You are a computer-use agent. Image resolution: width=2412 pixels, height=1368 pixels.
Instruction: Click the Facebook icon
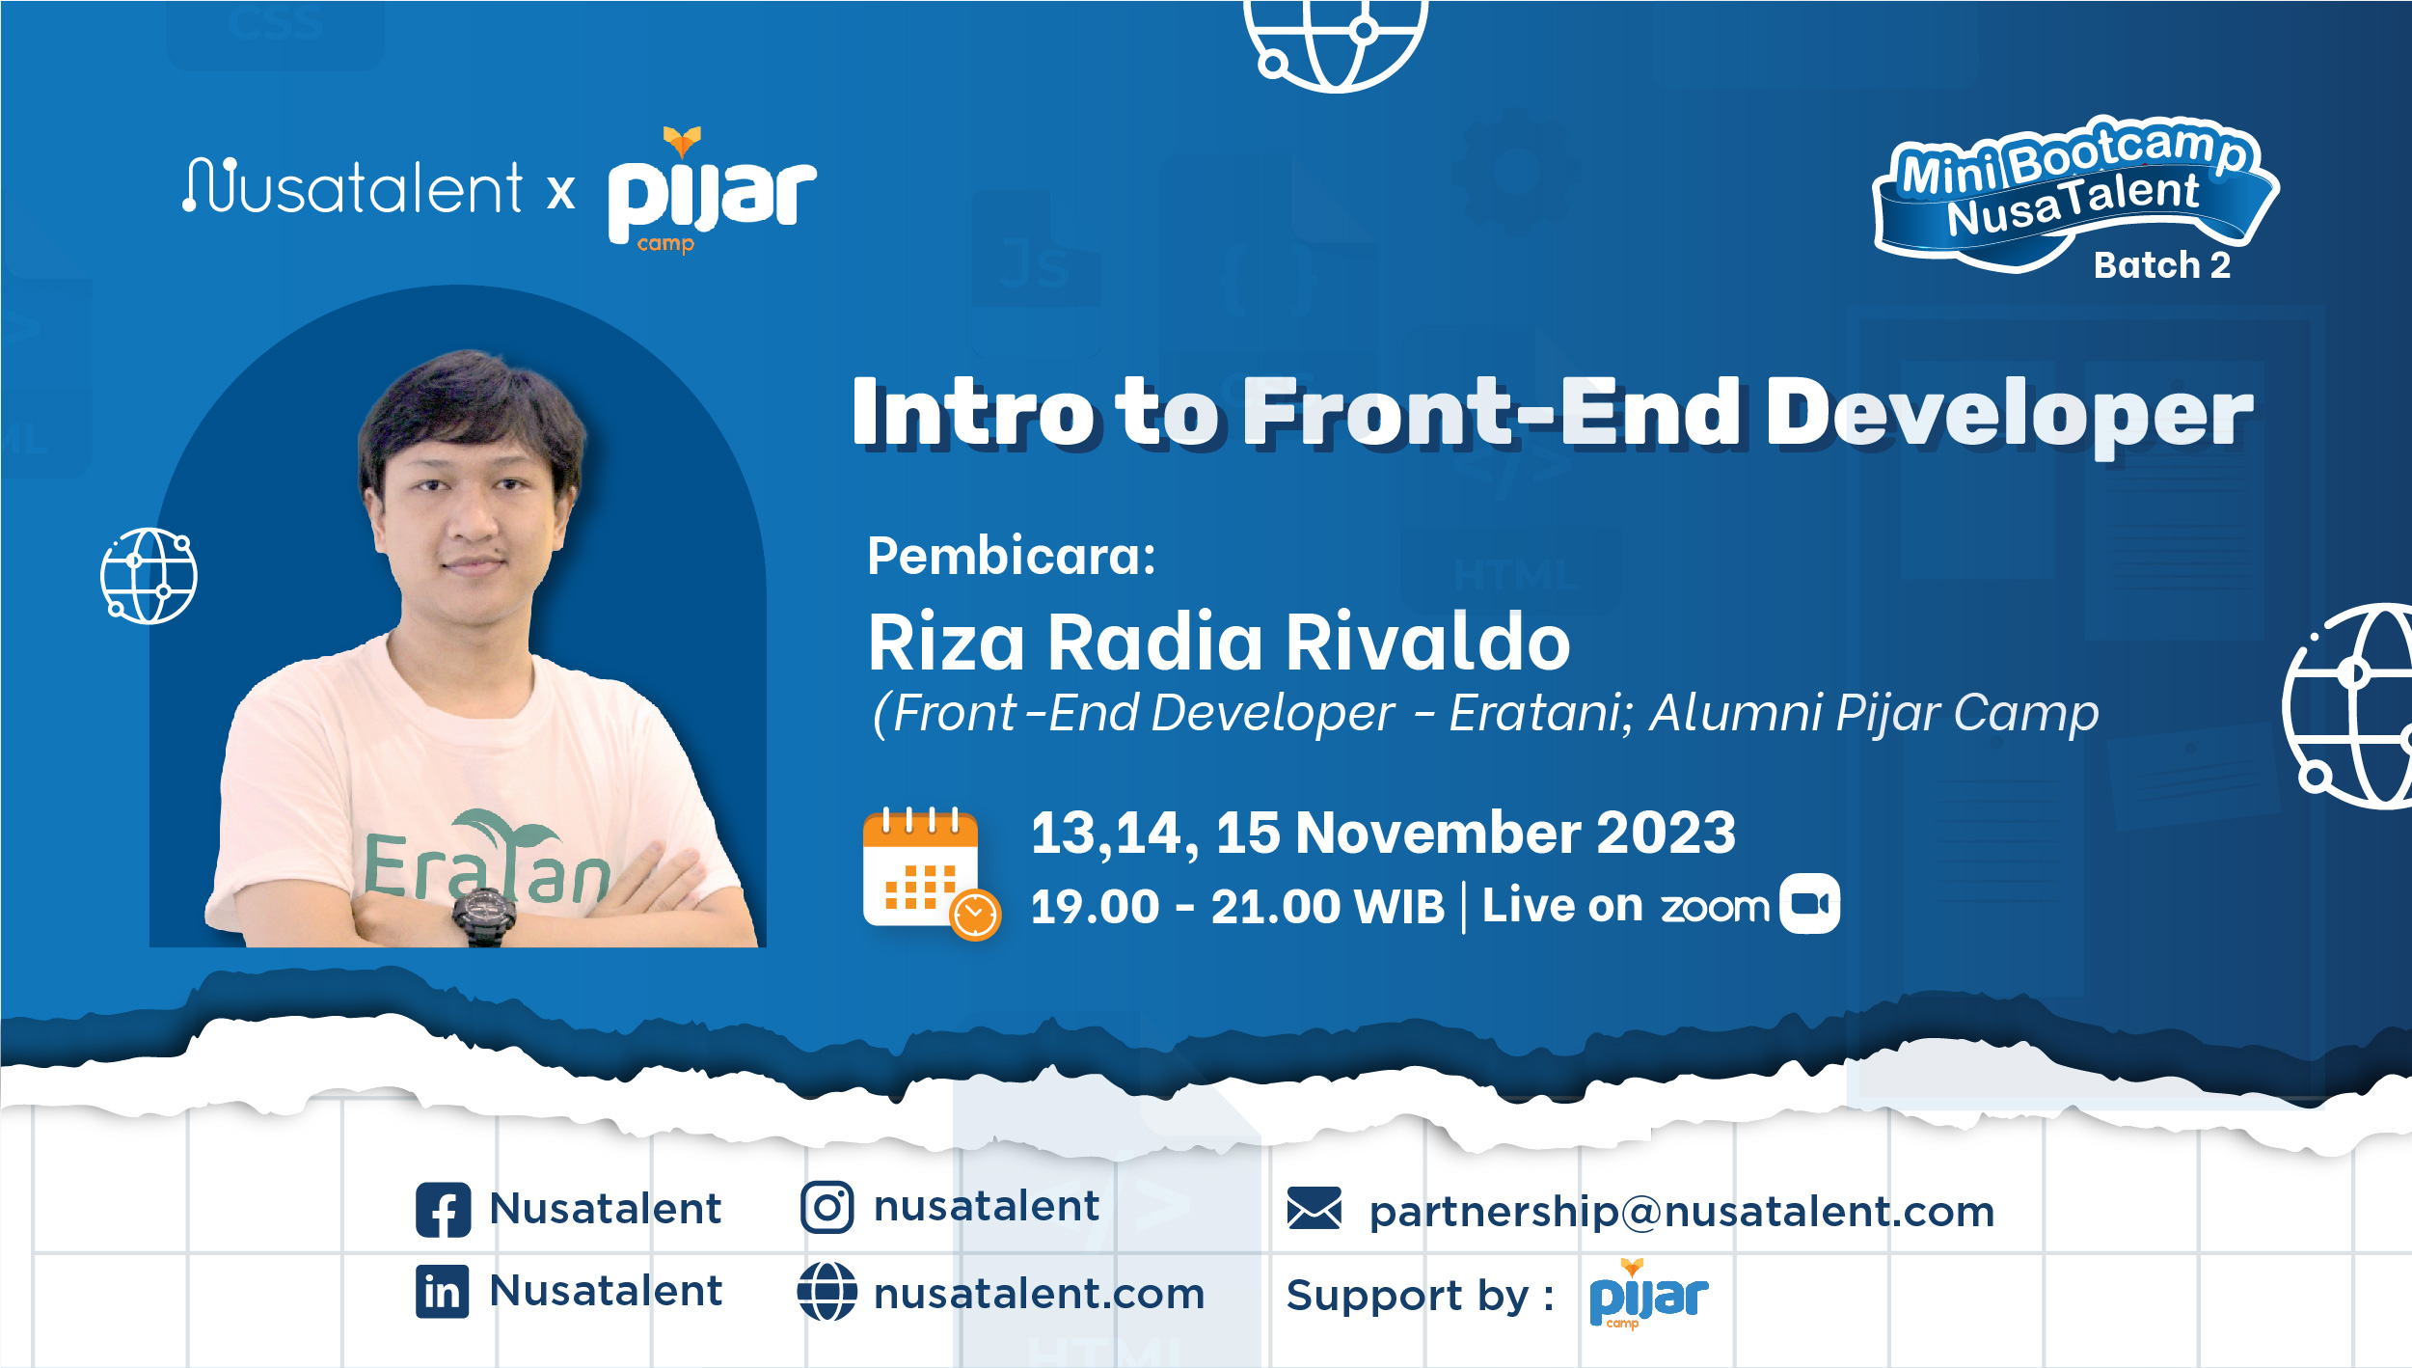(x=444, y=1210)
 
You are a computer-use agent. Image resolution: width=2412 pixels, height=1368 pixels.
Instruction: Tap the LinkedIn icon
(x=443, y=1292)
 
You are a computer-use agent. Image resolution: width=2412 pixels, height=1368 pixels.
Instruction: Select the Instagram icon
(x=827, y=1207)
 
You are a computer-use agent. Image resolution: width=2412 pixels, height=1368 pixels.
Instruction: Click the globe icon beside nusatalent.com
(x=827, y=1292)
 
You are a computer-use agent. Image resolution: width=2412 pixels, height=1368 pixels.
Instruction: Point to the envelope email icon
(x=1314, y=1208)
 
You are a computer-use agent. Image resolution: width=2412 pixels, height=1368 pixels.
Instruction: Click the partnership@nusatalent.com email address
(x=1682, y=1212)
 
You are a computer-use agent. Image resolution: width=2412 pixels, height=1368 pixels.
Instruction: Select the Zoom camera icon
(x=1809, y=904)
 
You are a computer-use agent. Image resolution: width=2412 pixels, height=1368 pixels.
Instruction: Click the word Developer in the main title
(x=2010, y=414)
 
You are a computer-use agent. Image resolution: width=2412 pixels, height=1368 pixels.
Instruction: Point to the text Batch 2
(x=2162, y=265)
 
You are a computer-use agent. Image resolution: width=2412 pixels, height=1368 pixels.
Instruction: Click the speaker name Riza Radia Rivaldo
(x=1219, y=643)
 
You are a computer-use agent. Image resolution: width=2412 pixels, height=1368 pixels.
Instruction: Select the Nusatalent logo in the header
(x=353, y=187)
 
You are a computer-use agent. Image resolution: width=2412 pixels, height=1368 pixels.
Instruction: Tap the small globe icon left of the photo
(x=149, y=576)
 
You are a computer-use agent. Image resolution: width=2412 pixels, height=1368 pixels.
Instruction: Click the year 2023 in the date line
(x=1666, y=833)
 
